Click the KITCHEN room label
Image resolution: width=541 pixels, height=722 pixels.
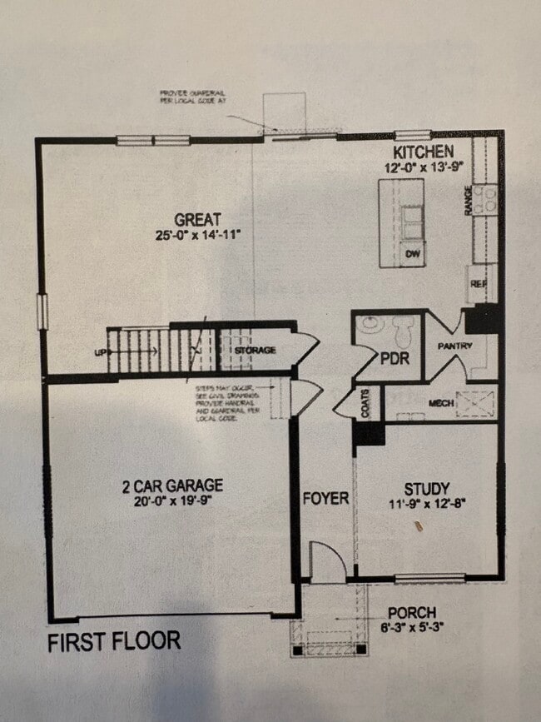coord(424,152)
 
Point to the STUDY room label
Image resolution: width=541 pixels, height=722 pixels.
coord(427,489)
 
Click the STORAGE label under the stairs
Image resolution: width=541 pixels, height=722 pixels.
coord(255,351)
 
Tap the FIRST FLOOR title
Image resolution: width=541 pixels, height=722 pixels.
coord(113,642)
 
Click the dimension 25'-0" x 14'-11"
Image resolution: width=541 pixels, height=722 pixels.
coord(197,235)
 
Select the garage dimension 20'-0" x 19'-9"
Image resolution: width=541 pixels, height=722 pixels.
coord(173,501)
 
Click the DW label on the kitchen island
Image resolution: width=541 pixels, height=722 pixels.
coord(411,253)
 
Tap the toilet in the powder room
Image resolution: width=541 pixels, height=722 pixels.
coord(404,333)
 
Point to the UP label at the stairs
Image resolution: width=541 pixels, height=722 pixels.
coord(101,353)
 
